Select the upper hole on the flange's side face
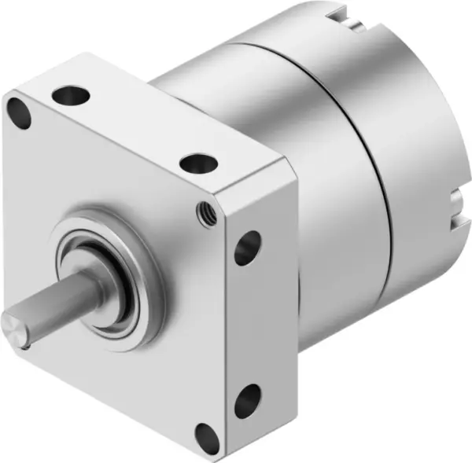click(248, 247)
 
